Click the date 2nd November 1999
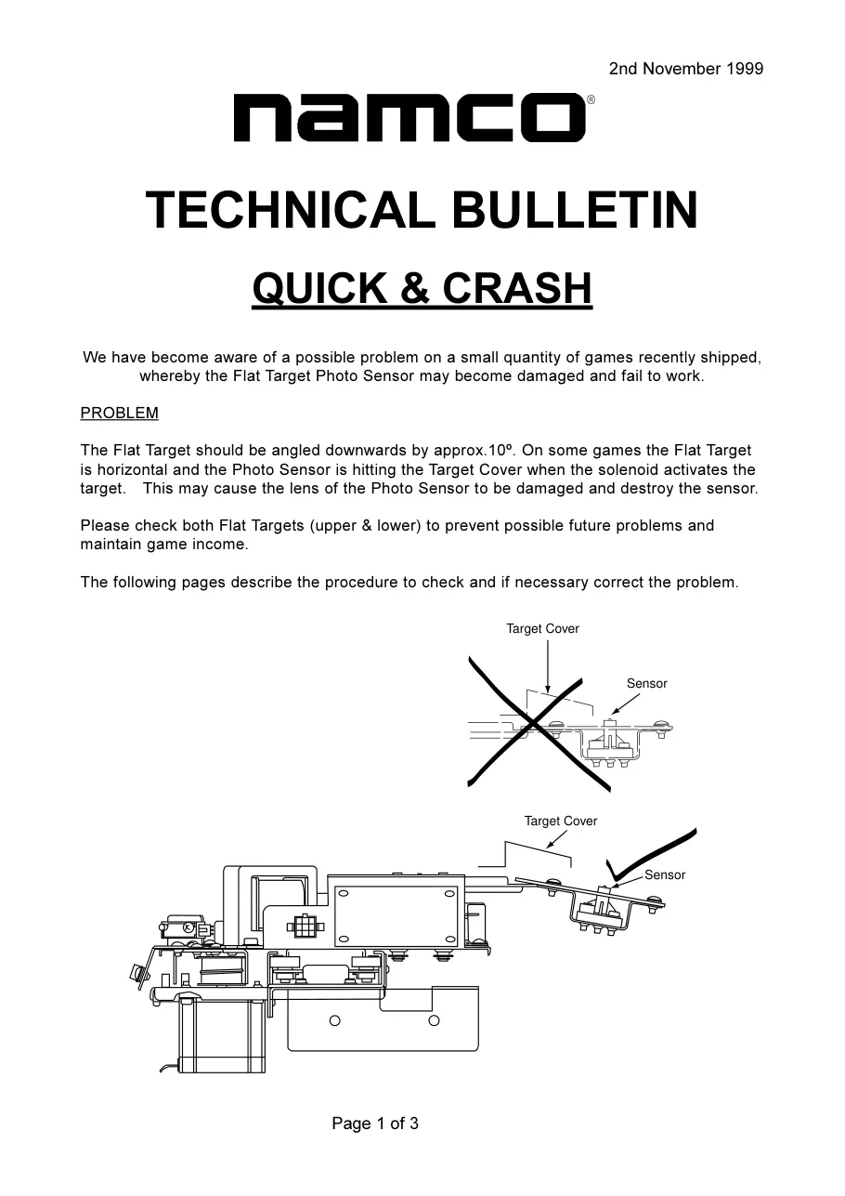click(x=686, y=69)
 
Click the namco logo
click(x=409, y=117)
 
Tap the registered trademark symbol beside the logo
click(x=591, y=99)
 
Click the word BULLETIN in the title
click(x=575, y=210)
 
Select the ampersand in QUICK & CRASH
click(x=414, y=288)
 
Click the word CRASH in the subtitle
click(x=517, y=288)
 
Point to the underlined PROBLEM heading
click(x=119, y=414)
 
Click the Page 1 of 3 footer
click(x=375, y=1124)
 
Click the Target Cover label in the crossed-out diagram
click(x=542, y=629)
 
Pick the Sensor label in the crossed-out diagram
click(x=646, y=683)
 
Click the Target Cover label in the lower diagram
click(x=561, y=821)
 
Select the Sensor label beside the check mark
click(x=665, y=874)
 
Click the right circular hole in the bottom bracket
click(x=434, y=1021)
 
